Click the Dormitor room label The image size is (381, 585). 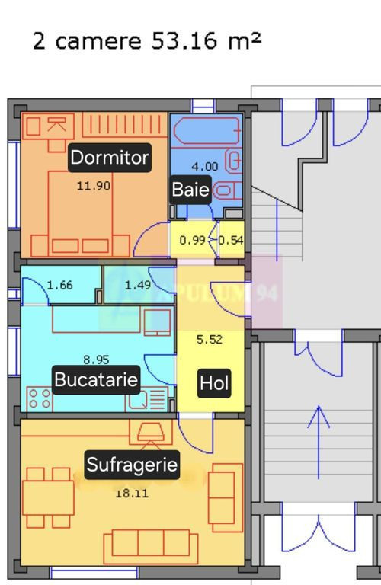(109, 158)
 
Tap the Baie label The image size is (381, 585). (190, 190)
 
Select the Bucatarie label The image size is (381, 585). (96, 379)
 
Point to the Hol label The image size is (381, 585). (214, 383)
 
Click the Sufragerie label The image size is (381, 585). (132, 465)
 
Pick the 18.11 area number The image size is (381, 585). (132, 493)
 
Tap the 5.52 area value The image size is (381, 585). (210, 340)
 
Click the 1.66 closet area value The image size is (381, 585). (60, 286)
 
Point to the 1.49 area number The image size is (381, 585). (138, 286)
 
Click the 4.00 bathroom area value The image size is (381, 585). (204, 166)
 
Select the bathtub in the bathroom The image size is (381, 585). (204, 131)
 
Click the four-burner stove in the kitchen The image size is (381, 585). (40, 398)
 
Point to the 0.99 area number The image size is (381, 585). (192, 241)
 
